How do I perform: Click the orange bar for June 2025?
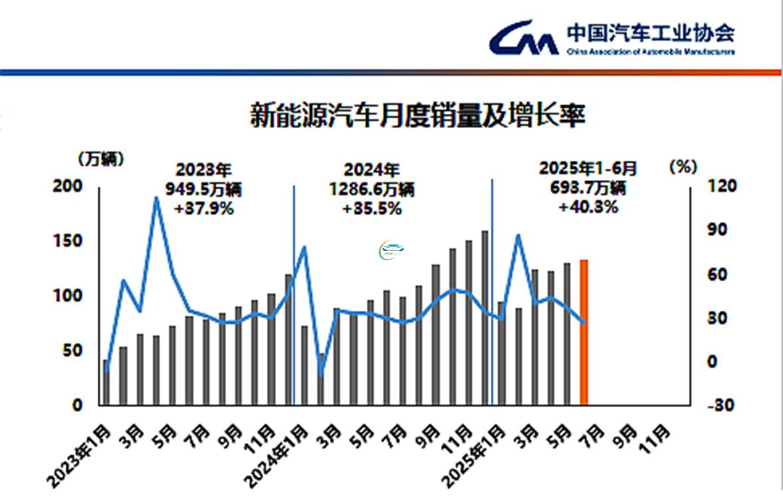coord(584,332)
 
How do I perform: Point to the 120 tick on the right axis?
coord(704,187)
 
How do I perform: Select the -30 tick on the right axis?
coord(704,405)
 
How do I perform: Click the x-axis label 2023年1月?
coord(80,458)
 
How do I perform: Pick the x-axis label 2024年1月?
coord(277,458)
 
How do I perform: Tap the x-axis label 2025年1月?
coord(475,458)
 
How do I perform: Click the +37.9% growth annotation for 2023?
coord(204,209)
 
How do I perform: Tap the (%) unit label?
coord(682,167)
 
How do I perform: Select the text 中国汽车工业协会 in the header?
coord(650,32)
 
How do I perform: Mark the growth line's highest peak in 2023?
coord(156,197)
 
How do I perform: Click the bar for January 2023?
coord(106,382)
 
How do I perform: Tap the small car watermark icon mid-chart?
coord(392,251)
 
